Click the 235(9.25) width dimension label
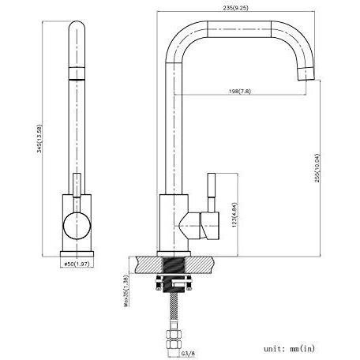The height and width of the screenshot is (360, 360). point(235,8)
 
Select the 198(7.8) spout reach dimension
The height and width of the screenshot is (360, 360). point(240,92)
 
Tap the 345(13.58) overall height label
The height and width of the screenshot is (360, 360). point(39,139)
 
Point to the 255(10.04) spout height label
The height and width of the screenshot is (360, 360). point(317,168)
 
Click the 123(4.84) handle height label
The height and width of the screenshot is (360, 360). point(234,215)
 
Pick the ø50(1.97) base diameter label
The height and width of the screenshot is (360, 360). point(77,264)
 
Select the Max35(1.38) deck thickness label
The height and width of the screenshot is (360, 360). point(126,291)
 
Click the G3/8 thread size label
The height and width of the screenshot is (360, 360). point(188,354)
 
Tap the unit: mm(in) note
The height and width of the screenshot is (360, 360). point(289,349)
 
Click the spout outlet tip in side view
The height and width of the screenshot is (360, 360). point(306,73)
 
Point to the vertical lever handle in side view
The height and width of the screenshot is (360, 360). point(212,193)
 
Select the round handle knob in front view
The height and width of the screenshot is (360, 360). point(77,226)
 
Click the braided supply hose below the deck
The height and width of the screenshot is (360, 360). point(174,309)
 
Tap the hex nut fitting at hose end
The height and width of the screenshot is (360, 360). point(174,339)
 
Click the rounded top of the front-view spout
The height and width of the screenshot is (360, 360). point(77,26)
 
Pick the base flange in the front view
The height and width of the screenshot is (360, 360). point(77,254)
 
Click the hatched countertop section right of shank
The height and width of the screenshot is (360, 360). point(199,265)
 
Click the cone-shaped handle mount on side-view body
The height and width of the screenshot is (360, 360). point(189,226)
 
